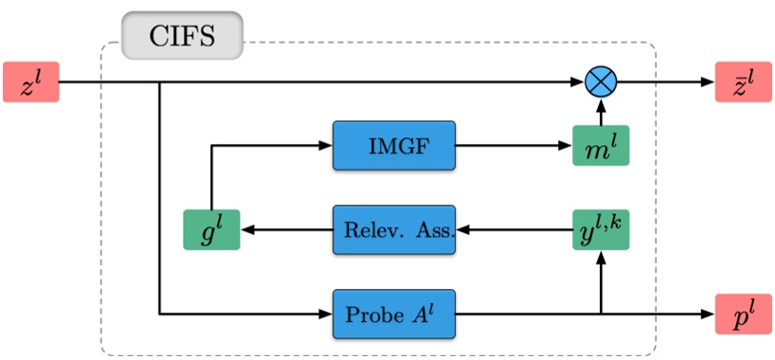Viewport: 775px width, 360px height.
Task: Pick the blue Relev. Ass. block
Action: click(x=394, y=228)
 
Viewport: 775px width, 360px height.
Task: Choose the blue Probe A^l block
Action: click(x=394, y=314)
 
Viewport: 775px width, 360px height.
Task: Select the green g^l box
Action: click(x=211, y=228)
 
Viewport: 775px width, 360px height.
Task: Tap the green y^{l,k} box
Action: click(x=601, y=228)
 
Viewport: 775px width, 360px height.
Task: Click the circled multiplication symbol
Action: click(x=601, y=82)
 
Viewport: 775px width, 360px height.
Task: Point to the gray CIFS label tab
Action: click(x=182, y=38)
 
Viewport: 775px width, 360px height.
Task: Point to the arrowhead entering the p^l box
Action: click(x=708, y=313)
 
